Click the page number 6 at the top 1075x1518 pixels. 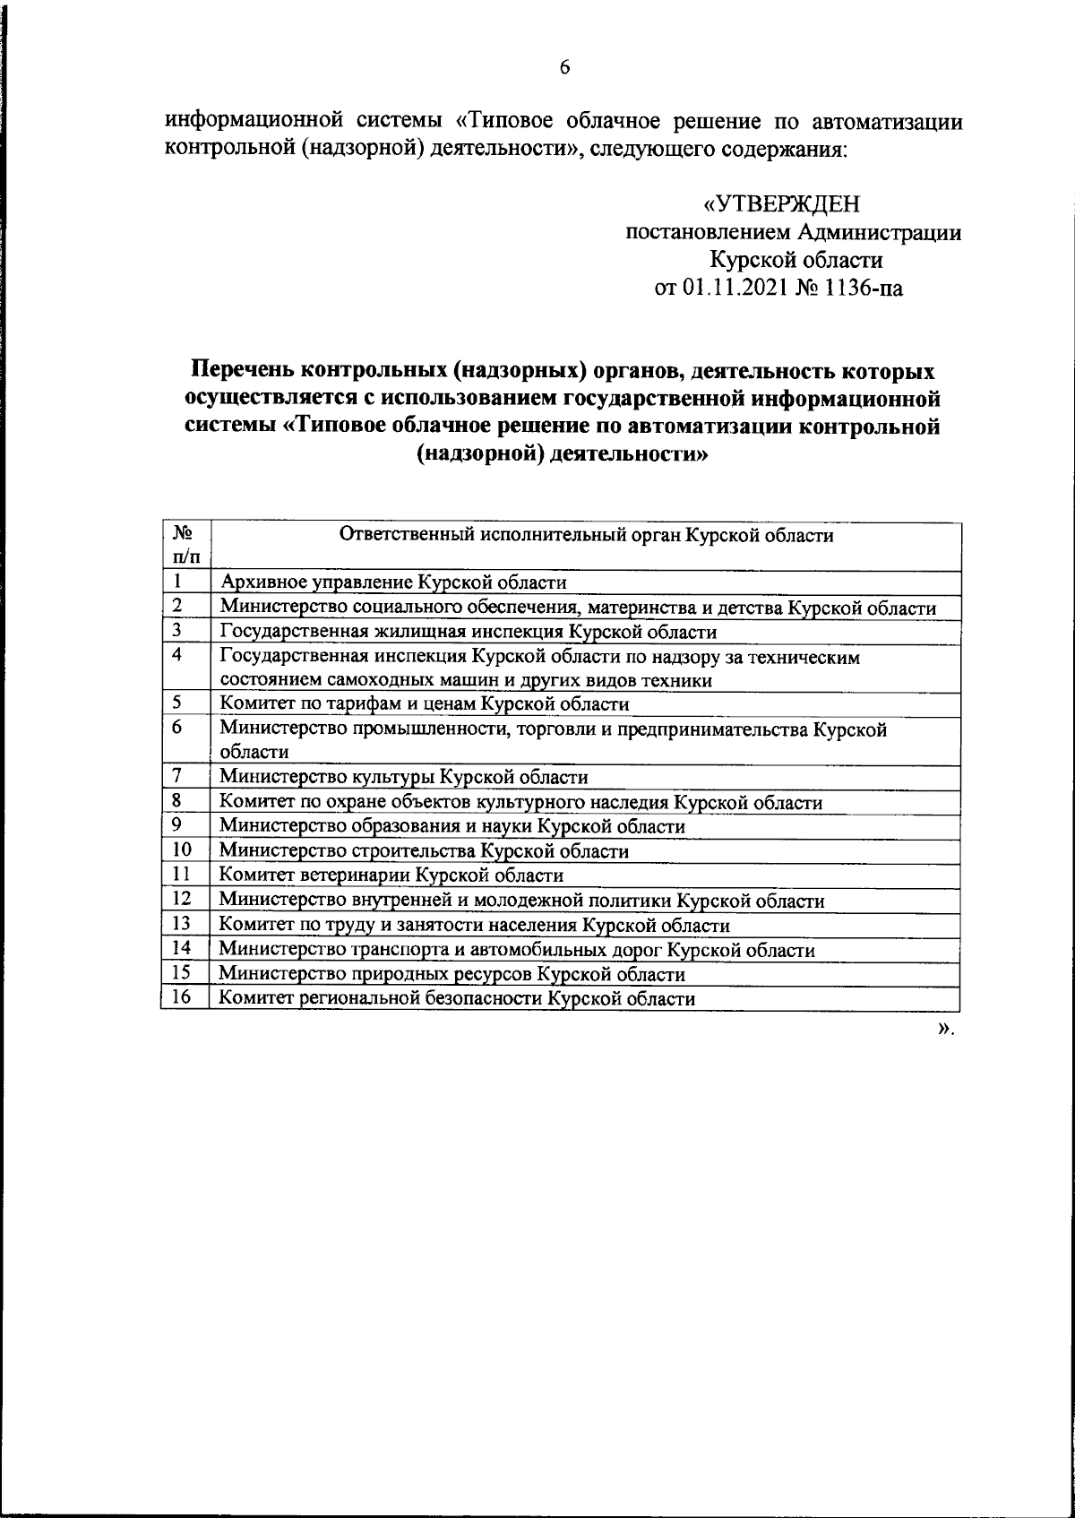tap(564, 68)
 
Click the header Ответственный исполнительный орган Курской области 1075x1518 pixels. tap(586, 536)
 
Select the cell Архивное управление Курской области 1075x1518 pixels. tap(394, 582)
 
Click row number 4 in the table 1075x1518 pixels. tap(178, 655)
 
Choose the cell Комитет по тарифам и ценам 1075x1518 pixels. tap(425, 704)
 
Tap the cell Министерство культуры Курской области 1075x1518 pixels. tap(404, 777)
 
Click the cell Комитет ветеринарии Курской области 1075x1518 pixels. tap(391, 875)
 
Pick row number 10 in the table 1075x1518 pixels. tap(182, 850)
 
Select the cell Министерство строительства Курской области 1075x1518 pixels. tap(425, 851)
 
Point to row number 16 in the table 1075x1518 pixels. tap(182, 997)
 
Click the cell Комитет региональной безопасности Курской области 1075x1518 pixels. tap(458, 998)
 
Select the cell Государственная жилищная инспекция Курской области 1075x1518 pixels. tap(469, 632)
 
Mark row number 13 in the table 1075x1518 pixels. tap(182, 924)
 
